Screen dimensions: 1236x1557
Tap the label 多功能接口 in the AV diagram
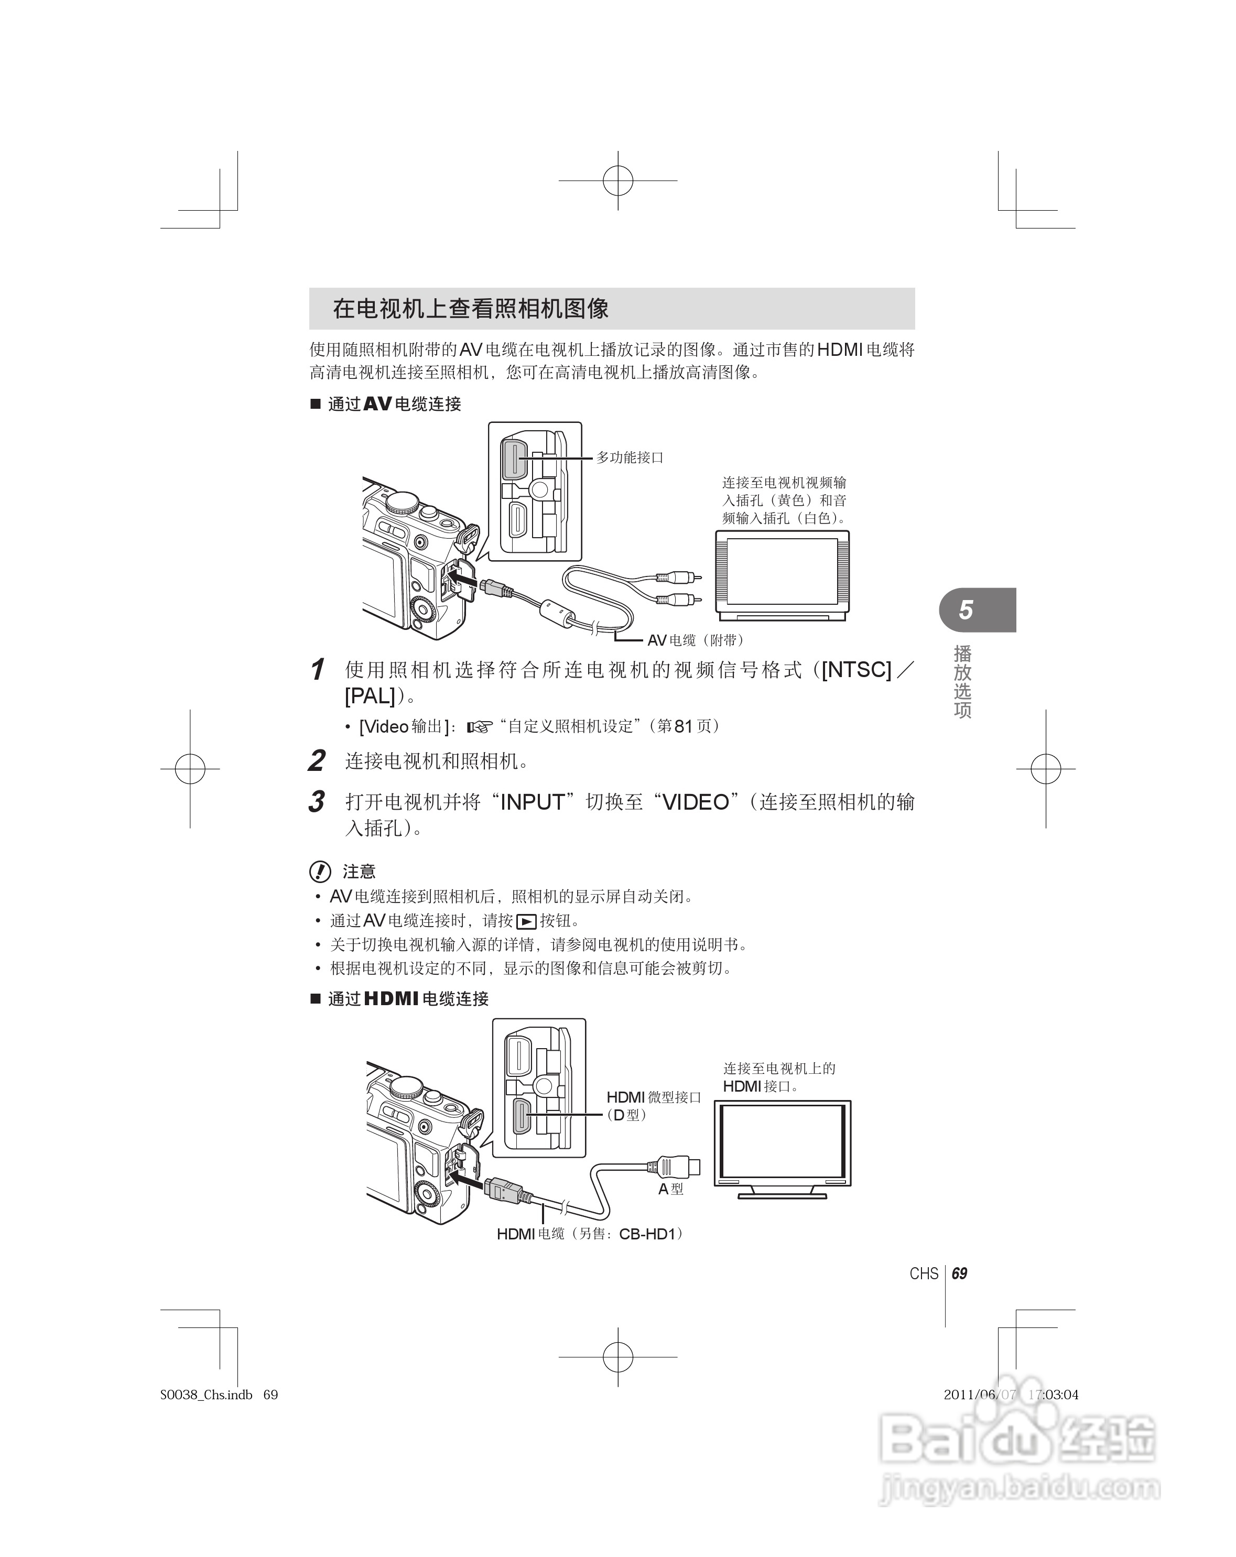629,457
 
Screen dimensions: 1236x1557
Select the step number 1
317,670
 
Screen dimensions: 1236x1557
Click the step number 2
317,761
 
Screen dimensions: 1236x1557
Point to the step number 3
317,802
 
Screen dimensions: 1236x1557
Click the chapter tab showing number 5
967,610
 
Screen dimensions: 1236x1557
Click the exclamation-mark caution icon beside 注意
320,873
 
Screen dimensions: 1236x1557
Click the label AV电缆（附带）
695,640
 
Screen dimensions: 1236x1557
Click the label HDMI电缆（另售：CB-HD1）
590,1234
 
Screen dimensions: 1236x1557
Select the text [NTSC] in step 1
856,670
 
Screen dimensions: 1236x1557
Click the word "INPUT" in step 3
532,802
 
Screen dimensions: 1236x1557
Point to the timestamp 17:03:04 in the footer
1053,1395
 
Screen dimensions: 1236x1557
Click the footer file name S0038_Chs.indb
207,1395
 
